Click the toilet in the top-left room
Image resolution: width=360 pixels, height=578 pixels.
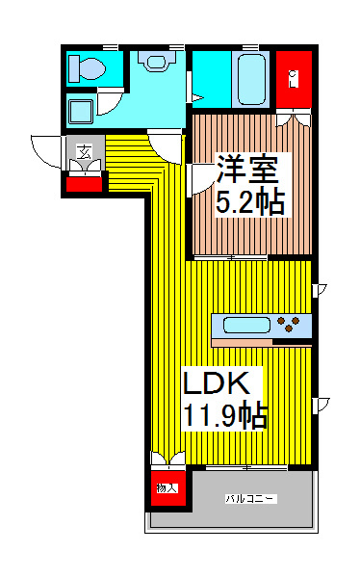[x=90, y=68]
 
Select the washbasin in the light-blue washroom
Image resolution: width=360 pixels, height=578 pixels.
[x=154, y=60]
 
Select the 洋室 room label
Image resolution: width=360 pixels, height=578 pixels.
[x=247, y=171]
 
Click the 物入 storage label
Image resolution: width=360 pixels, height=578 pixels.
[x=167, y=488]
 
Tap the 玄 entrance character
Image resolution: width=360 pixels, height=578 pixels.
[x=85, y=150]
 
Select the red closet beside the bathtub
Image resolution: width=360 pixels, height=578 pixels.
[x=294, y=79]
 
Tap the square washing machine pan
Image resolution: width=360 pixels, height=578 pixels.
[x=81, y=111]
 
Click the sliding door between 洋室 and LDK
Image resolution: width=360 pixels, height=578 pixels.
[x=231, y=257]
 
